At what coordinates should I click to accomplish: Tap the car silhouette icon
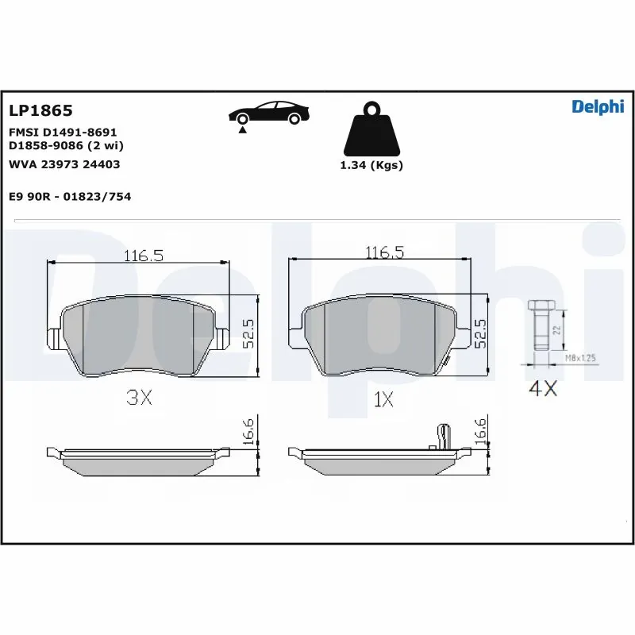(268, 113)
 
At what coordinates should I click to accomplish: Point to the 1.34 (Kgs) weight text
(371, 166)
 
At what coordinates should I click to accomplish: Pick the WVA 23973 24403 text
(63, 164)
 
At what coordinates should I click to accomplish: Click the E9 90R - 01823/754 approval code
(69, 196)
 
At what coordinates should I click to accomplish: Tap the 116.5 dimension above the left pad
(143, 256)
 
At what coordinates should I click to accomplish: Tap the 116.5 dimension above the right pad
(384, 252)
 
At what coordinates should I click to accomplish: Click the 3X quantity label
(140, 398)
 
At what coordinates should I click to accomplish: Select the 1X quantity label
(383, 398)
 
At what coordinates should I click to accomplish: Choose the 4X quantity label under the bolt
(544, 391)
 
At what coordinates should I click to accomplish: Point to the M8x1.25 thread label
(580, 359)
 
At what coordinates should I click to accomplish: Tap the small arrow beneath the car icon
(241, 129)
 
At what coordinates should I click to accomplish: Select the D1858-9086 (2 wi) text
(66, 146)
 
